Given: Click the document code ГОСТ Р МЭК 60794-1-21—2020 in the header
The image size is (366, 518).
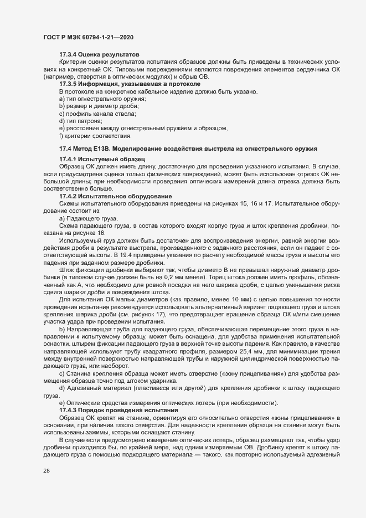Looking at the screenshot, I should pyautogui.click(x=87, y=37).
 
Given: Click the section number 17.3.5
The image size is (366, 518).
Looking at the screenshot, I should pyautogui.click(x=68, y=84).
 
